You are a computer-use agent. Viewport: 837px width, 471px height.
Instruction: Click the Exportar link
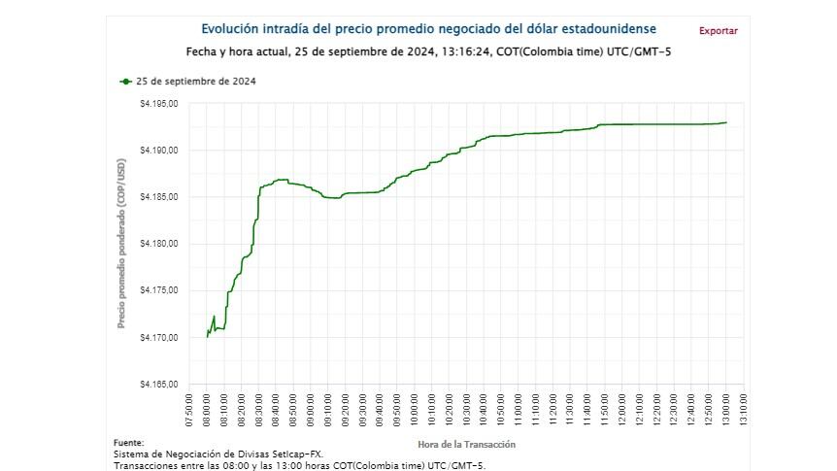[718, 31]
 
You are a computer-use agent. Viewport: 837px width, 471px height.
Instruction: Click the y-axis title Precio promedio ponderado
[122, 244]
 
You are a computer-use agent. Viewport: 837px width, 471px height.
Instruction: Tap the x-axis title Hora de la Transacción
[466, 444]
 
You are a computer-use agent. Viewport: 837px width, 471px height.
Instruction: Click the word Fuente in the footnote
[129, 442]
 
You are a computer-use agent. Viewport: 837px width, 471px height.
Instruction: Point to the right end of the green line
[726, 122]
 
